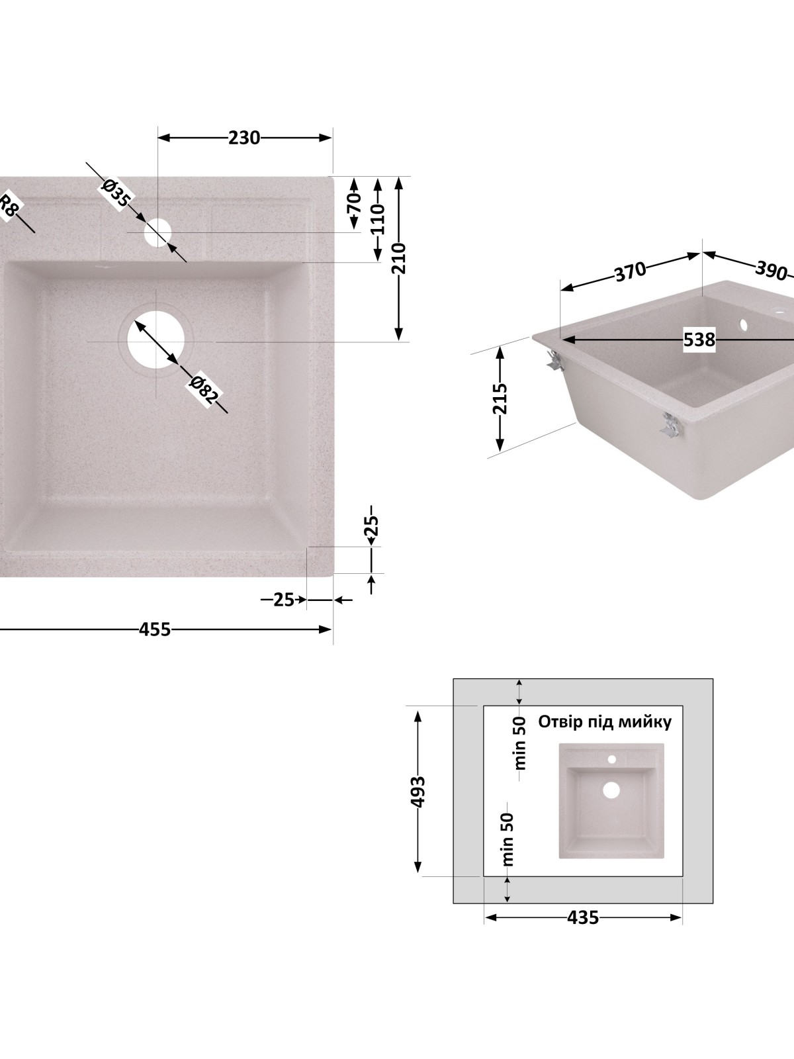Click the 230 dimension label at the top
tap(244, 138)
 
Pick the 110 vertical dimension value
tap(377, 218)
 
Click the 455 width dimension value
tap(155, 629)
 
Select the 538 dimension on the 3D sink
tap(699, 340)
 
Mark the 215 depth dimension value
tap(500, 398)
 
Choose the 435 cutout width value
tap(582, 917)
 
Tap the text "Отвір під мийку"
tap(605, 721)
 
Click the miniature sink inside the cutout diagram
tap(611, 800)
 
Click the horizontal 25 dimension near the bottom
tap(283, 600)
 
